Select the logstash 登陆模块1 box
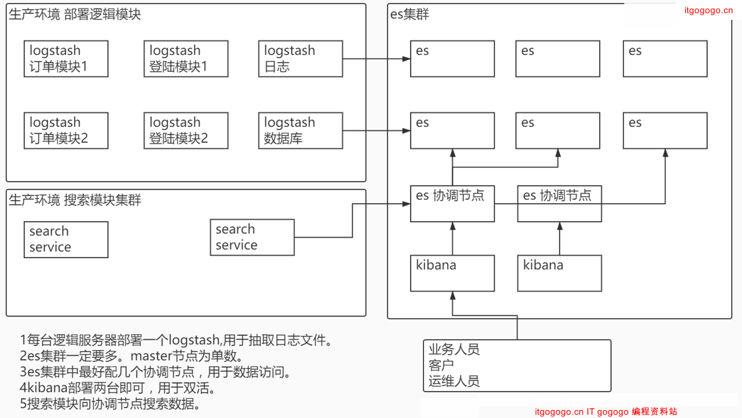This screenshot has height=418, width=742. point(186,59)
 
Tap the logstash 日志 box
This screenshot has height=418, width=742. point(300,59)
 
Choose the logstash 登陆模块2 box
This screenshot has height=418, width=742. point(186,131)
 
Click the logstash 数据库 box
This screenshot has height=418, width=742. point(300,131)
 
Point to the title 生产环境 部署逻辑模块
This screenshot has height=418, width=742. point(75,14)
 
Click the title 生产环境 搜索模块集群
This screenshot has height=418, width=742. point(75,200)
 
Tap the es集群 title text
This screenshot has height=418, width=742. point(410,14)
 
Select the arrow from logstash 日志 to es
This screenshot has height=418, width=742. point(377,59)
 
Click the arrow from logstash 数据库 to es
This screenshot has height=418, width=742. point(377,131)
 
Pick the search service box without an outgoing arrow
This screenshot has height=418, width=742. point(67,239)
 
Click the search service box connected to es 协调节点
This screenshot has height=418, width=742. point(252,237)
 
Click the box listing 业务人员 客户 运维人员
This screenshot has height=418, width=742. point(516,366)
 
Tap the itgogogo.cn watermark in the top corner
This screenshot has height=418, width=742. point(708,10)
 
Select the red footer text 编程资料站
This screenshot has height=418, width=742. point(654,411)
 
